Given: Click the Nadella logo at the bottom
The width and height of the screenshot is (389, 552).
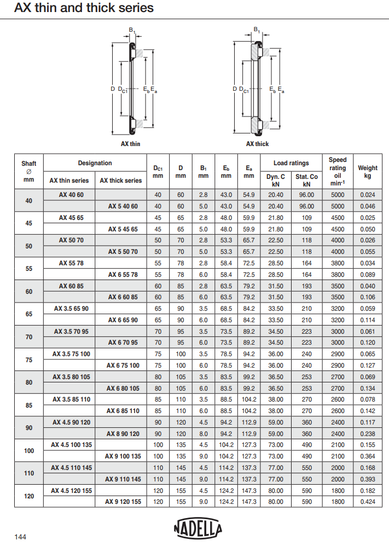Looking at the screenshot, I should point(198,528).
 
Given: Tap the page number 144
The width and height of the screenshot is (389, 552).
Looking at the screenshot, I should point(20,537).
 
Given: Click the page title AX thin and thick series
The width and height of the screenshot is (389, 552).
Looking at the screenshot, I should point(84,8).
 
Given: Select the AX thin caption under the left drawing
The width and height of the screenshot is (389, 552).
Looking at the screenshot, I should point(131,144).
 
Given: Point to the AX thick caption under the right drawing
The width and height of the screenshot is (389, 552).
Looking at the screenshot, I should point(257,144).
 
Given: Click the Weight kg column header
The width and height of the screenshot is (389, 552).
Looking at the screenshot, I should point(367,172).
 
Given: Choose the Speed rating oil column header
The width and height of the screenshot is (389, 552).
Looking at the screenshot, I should point(338,172).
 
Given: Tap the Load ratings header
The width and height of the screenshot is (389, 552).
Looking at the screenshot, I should point(291,163).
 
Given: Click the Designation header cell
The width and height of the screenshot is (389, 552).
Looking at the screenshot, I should point(95,163).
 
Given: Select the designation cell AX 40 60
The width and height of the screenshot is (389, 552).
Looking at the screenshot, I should point(69,195).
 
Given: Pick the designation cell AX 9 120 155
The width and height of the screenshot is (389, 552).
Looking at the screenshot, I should point(123,502).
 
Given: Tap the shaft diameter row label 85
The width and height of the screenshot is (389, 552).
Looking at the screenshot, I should point(29,405).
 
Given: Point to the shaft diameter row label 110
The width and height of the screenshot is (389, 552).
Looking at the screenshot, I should point(29,473).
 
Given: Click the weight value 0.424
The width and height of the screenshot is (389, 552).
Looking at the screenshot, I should point(368,502).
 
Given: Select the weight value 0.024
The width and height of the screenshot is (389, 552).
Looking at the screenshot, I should point(368,195).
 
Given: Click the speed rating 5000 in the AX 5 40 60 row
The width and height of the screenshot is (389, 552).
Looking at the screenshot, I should point(338,206).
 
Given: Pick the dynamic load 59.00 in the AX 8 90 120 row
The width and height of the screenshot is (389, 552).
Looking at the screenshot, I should point(276,434).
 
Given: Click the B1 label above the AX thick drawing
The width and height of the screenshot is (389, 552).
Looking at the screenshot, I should point(257,28).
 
